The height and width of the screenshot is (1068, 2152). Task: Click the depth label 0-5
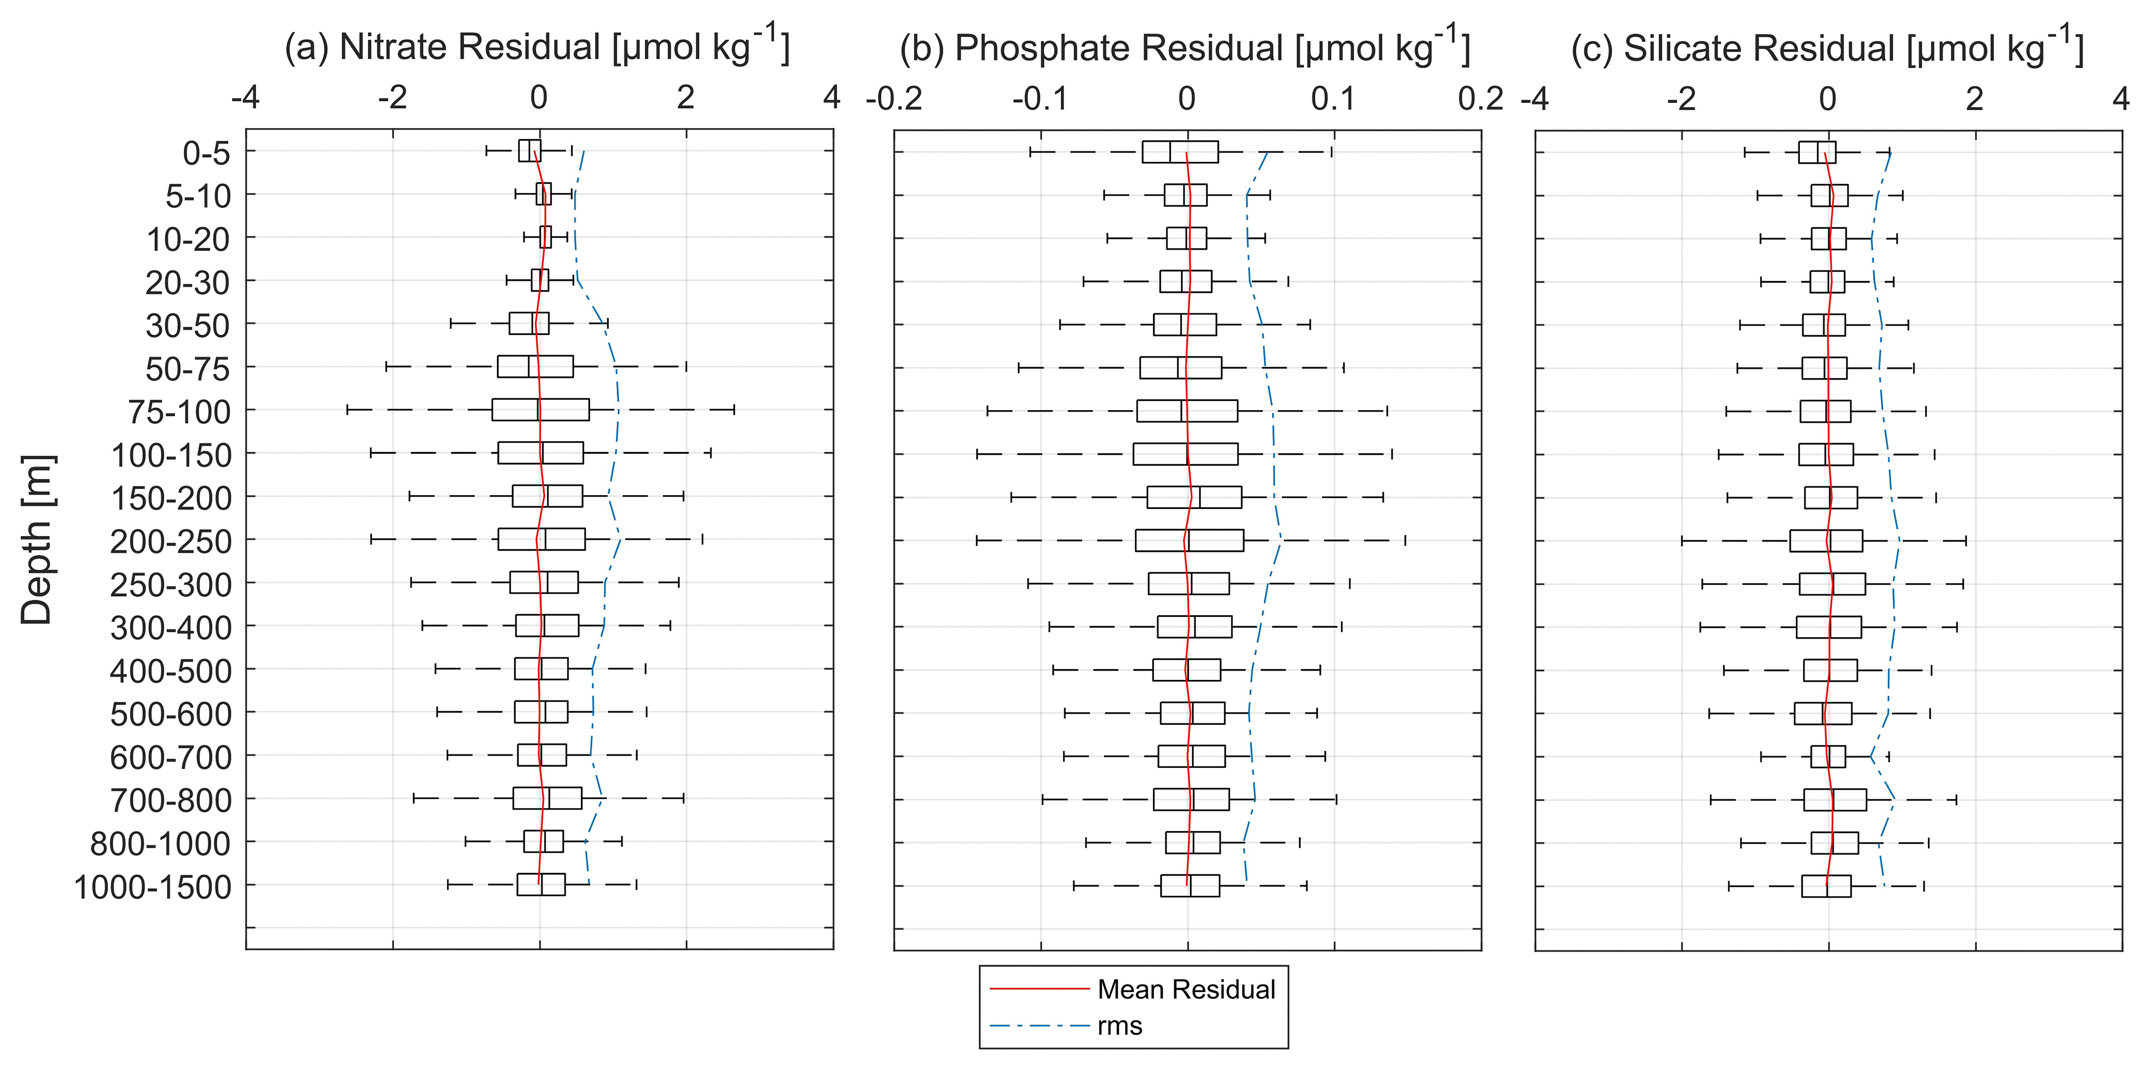[x=206, y=153]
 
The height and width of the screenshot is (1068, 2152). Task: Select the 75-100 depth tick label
[x=179, y=412]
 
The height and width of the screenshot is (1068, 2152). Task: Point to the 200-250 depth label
[x=170, y=542]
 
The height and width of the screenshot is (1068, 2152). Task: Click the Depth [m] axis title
[x=37, y=540]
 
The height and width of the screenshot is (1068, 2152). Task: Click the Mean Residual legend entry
[x=1185, y=990]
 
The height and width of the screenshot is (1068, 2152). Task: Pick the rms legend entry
[x=1119, y=1026]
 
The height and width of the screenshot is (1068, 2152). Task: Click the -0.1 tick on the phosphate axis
[x=1040, y=99]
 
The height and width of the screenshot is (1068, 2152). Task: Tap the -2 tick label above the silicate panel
[x=1681, y=99]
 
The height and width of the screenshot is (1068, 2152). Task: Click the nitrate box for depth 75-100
[x=540, y=410]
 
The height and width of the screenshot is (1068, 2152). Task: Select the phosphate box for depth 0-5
[x=1180, y=152]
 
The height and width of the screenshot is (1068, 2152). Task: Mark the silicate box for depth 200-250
[x=1825, y=541]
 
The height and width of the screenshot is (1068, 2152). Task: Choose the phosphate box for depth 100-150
[x=1185, y=454]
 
